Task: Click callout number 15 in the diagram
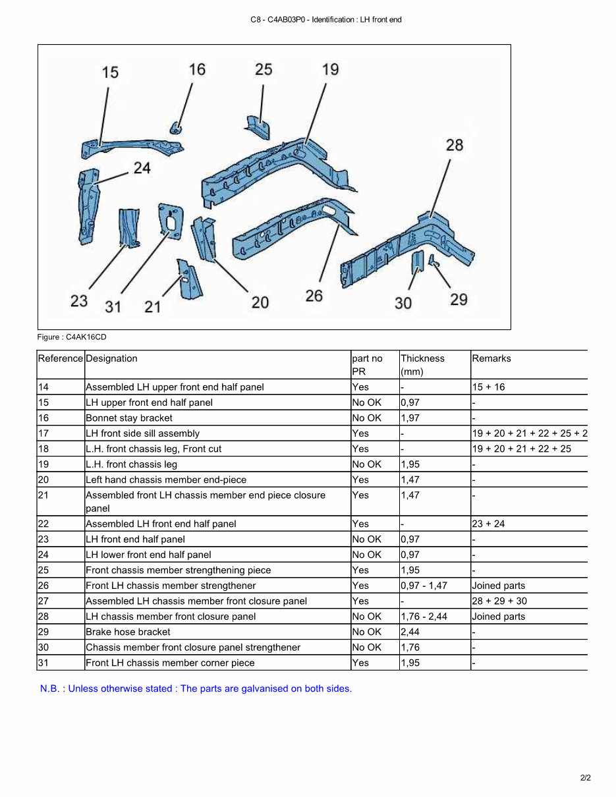[110, 72]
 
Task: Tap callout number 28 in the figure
[454, 145]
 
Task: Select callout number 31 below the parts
[113, 306]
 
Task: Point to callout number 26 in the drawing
[314, 296]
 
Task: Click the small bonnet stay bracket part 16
[176, 126]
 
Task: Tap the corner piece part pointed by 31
[170, 219]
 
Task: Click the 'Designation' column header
[111, 358]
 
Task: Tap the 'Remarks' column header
[491, 358]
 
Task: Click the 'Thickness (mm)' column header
[423, 364]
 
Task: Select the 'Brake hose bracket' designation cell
[128, 632]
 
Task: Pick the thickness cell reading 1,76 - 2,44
[424, 617]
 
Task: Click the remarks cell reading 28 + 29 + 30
[499, 601]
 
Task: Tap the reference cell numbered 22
[44, 524]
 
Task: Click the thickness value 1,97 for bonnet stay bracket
[410, 418]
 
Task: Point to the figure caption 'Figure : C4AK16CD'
[72, 337]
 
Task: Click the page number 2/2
[585, 778]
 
